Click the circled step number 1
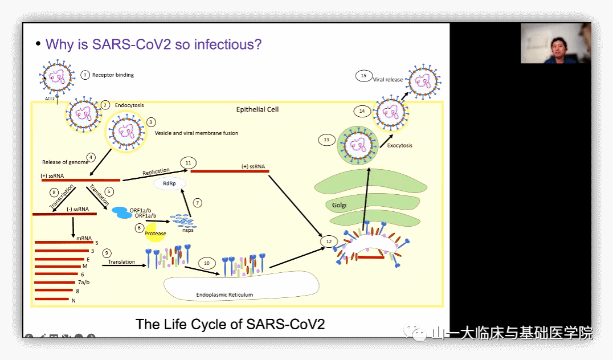tap(85, 75)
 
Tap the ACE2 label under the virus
tap(50, 99)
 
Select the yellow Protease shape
tap(155, 233)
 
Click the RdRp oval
tap(169, 183)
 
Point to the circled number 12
tap(328, 242)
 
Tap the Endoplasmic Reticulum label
tap(224, 295)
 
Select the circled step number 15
tap(363, 76)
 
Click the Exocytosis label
tap(399, 145)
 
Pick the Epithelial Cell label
tap(258, 109)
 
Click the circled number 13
tap(326, 140)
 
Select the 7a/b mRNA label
tap(83, 283)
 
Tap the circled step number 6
tap(138, 228)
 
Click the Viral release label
tap(388, 80)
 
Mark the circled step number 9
tap(107, 252)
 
